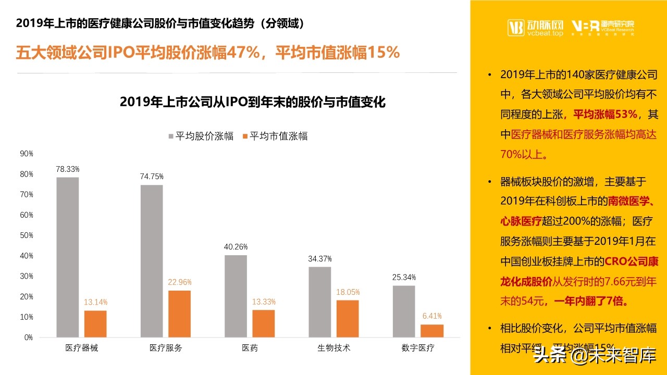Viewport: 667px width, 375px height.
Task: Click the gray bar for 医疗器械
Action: [x=68, y=257]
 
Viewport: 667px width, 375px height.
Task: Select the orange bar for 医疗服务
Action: [x=179, y=314]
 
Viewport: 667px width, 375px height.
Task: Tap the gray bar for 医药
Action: [x=236, y=296]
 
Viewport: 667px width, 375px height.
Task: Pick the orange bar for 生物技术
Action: [x=348, y=319]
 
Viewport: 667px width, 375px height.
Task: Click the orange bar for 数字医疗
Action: [x=432, y=331]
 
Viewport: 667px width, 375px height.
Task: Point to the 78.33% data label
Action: [x=68, y=169]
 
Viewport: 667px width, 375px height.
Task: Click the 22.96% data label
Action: [x=179, y=282]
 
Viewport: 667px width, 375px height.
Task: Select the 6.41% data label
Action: [x=432, y=316]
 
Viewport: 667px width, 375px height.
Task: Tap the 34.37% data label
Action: [x=320, y=259]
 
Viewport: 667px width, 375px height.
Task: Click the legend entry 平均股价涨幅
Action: [x=200, y=136]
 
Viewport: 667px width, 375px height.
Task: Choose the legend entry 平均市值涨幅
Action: [x=275, y=136]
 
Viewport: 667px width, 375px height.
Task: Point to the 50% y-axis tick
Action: [x=27, y=235]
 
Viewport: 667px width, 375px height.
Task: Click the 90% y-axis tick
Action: [x=27, y=154]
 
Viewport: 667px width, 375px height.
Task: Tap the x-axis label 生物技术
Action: [x=334, y=348]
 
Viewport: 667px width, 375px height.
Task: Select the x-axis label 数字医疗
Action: [x=418, y=348]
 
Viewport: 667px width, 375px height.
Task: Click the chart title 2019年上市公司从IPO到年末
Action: [x=252, y=102]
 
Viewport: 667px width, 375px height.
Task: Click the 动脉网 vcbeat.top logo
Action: [x=535, y=27]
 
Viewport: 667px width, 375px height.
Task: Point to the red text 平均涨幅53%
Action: [x=605, y=114]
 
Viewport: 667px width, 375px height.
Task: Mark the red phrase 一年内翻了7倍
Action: [x=599, y=302]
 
